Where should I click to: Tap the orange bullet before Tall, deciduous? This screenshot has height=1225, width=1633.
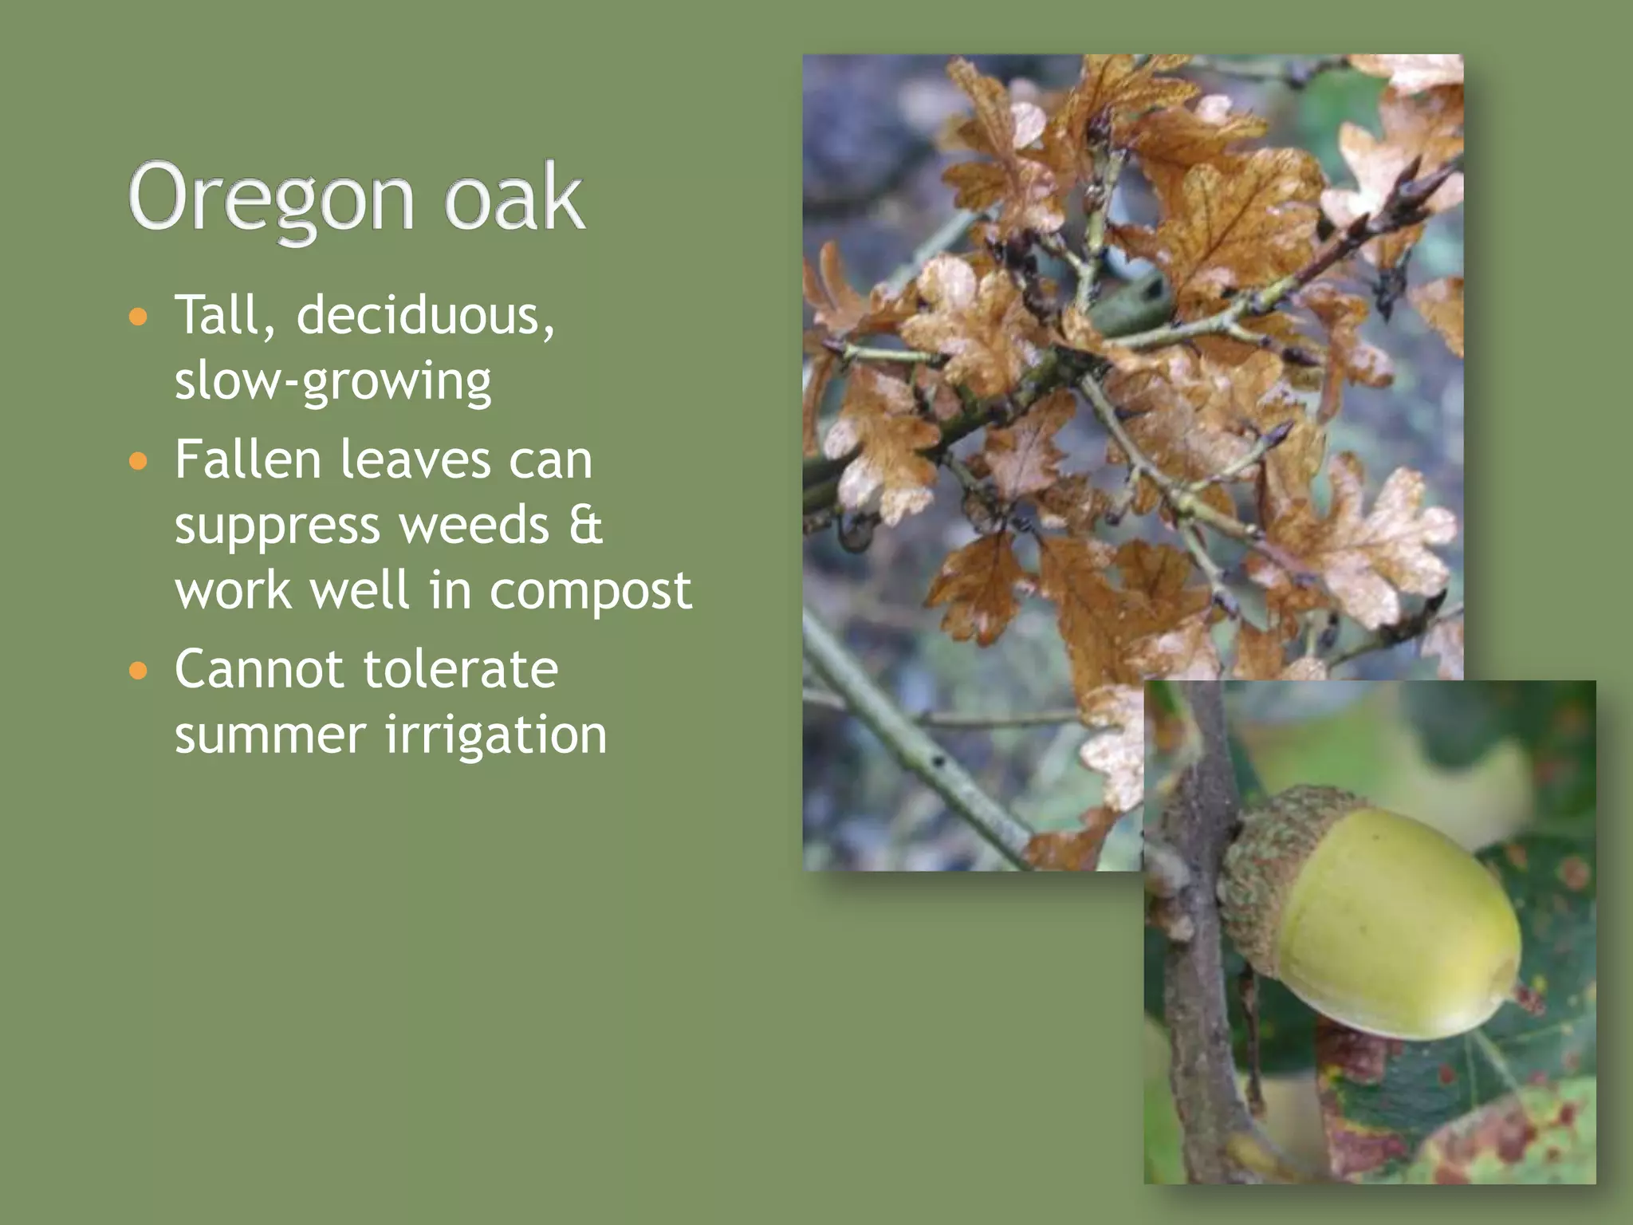[x=139, y=317]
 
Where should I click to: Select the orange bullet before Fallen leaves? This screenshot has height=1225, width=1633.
[x=139, y=461]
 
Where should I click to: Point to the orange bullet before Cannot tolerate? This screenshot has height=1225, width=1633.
[x=139, y=671]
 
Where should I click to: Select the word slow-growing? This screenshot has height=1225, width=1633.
[x=333, y=382]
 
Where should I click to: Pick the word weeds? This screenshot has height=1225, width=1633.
[x=474, y=526]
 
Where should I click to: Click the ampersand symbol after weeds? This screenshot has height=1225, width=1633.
[x=586, y=526]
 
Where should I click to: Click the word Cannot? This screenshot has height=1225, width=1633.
[x=258, y=669]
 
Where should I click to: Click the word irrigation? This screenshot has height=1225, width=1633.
[x=496, y=735]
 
